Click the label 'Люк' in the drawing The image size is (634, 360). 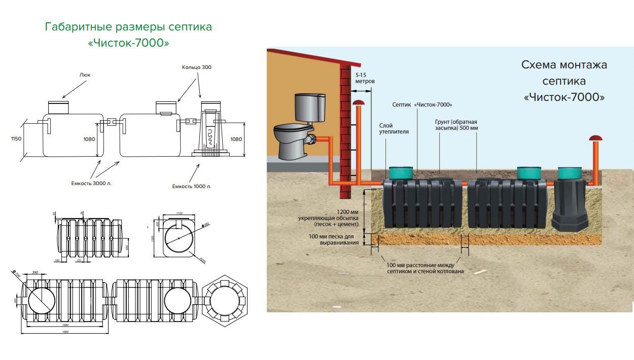point(85,75)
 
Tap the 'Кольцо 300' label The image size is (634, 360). point(196,67)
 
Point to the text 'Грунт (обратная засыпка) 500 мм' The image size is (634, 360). point(456,125)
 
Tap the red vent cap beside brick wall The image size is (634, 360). point(359,103)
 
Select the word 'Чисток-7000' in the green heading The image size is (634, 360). point(128,43)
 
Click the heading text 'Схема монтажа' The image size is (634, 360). point(564,65)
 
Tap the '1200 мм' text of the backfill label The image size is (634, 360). point(347,212)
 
